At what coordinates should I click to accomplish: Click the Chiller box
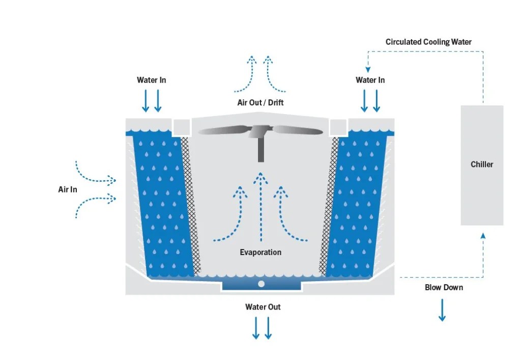482,164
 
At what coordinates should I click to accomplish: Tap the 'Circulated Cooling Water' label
428,42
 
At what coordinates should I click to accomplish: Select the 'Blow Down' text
444,287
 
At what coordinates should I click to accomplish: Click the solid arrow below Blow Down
442,310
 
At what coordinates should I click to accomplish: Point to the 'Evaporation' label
260,252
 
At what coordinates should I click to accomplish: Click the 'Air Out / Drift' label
260,103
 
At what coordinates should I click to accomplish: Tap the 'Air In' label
68,189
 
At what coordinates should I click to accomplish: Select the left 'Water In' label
151,80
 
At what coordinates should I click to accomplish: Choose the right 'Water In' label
370,80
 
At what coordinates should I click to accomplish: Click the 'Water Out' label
263,307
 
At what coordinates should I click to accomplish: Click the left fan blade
224,131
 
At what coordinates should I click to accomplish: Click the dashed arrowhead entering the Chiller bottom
483,235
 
